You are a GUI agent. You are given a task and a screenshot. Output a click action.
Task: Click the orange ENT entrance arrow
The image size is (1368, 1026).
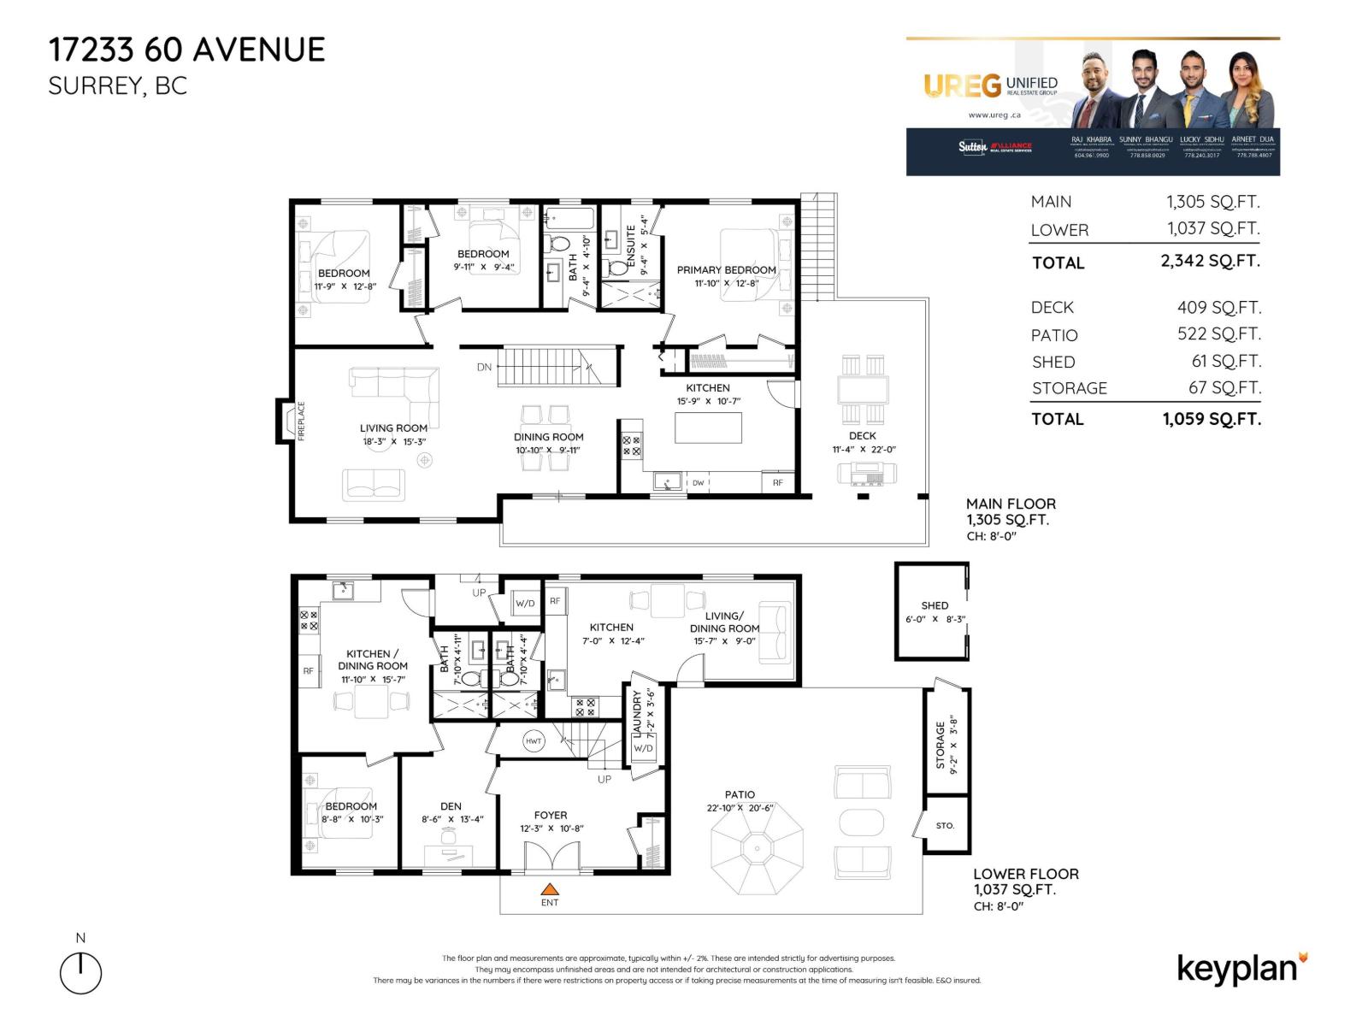pos(550,889)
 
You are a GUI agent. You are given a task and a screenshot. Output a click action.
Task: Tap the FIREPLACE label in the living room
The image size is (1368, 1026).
pos(301,421)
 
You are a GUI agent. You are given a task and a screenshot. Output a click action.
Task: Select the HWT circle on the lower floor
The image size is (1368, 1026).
pos(534,741)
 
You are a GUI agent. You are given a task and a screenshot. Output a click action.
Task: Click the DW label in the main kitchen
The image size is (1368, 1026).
pos(699,483)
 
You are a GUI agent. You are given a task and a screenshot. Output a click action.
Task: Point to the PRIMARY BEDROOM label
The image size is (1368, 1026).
pos(726,269)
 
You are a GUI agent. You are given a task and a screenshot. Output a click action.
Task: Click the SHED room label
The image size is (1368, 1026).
pos(935,605)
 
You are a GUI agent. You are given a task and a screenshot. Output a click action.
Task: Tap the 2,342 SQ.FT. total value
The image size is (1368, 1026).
pos(1210,261)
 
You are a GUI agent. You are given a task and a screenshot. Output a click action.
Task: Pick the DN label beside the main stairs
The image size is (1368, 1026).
pos(484,367)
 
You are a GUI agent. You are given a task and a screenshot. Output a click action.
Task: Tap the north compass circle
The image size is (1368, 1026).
pos(80,973)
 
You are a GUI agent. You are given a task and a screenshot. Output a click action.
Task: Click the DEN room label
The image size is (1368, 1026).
pos(451,805)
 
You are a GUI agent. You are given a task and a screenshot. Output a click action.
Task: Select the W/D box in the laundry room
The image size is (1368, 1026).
pos(643,748)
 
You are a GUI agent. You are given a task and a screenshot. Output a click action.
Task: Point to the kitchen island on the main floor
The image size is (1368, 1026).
pos(708,427)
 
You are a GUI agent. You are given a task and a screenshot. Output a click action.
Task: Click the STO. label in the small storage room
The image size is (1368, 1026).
pos(945,826)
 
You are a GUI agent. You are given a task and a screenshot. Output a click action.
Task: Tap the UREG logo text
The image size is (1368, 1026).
pos(962,85)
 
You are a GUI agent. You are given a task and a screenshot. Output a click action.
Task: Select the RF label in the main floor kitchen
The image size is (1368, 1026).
pos(778,483)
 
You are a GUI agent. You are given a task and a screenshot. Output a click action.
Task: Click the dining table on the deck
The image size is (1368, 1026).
pos(863,391)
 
